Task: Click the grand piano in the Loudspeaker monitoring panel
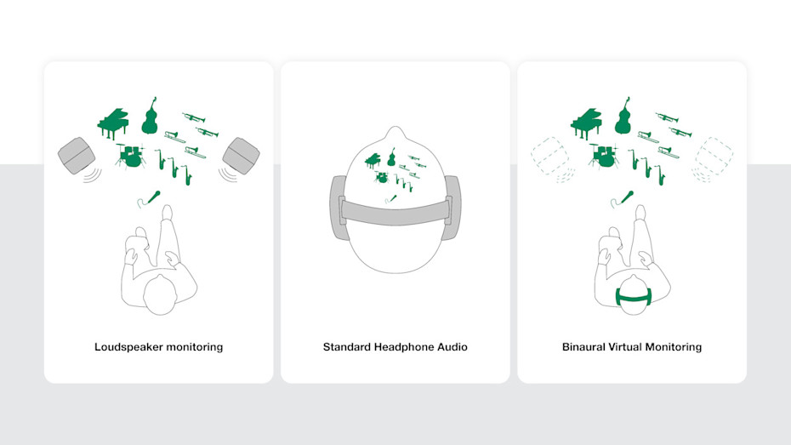[113, 123]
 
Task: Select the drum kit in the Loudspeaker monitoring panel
[130, 156]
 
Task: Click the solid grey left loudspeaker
[77, 156]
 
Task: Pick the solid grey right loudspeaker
[242, 156]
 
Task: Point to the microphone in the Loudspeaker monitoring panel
[150, 198]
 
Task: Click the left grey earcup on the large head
[339, 207]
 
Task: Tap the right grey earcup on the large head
[452, 207]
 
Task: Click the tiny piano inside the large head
[373, 161]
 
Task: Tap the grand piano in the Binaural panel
[586, 123]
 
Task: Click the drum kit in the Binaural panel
[603, 156]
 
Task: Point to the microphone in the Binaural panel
[623, 198]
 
